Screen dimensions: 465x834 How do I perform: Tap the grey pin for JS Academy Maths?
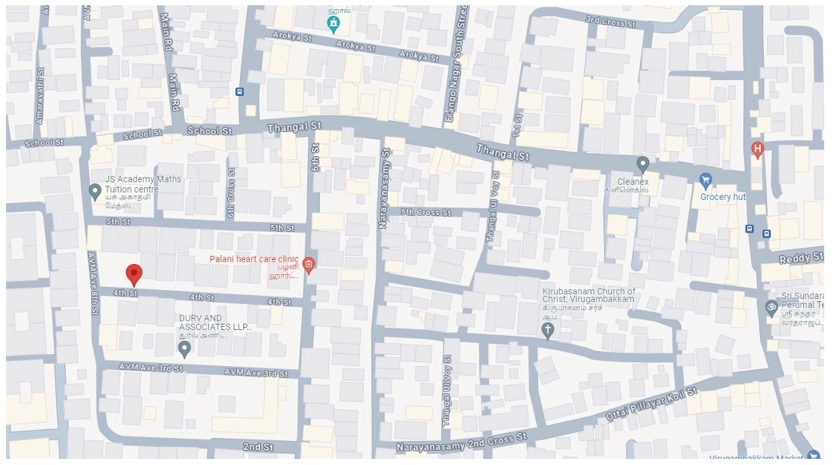click(x=95, y=192)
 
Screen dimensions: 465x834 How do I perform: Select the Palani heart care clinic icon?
click(x=309, y=263)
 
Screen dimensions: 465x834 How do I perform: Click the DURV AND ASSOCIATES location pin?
click(x=183, y=348)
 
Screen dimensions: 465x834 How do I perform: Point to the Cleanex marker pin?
click(x=642, y=164)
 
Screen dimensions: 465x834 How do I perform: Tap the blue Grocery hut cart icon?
click(x=706, y=180)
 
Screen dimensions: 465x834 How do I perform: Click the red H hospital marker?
click(x=757, y=150)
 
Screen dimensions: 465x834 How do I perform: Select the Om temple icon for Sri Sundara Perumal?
click(x=771, y=307)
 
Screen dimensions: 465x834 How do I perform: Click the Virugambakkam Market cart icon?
click(x=813, y=456)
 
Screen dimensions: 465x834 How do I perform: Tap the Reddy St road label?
click(x=801, y=258)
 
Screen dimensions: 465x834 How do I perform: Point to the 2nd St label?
click(x=257, y=447)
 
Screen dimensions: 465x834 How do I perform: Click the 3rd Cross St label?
click(x=611, y=23)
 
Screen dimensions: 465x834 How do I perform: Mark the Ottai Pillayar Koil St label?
click(x=651, y=404)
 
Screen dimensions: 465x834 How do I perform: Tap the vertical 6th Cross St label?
click(x=231, y=194)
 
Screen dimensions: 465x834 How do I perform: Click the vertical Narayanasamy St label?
click(x=384, y=188)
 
